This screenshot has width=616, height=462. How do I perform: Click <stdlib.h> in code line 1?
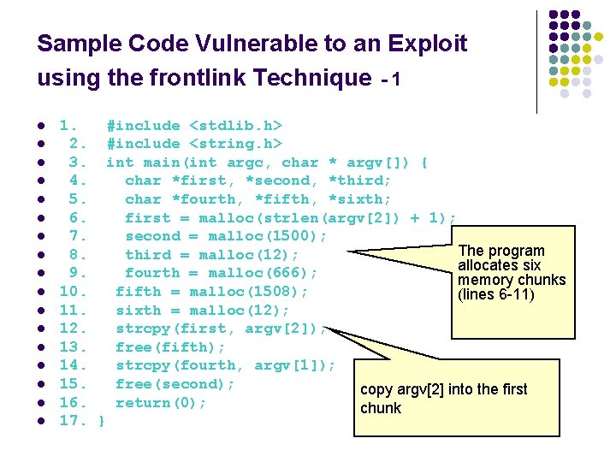tap(235, 126)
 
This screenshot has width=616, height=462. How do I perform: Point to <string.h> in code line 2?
tap(235, 144)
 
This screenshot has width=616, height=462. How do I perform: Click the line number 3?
tap(77, 163)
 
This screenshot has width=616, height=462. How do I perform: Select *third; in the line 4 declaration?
tap(359, 181)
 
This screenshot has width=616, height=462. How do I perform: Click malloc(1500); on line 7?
tap(267, 236)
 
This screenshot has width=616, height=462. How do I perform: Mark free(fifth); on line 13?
tap(170, 347)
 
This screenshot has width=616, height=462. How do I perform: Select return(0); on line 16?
tap(161, 403)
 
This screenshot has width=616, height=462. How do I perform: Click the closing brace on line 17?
tap(103, 422)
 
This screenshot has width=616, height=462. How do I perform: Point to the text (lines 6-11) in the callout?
tap(496, 295)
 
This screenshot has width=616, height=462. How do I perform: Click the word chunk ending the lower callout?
tap(381, 408)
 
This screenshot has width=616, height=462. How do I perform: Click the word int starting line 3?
tap(120, 163)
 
